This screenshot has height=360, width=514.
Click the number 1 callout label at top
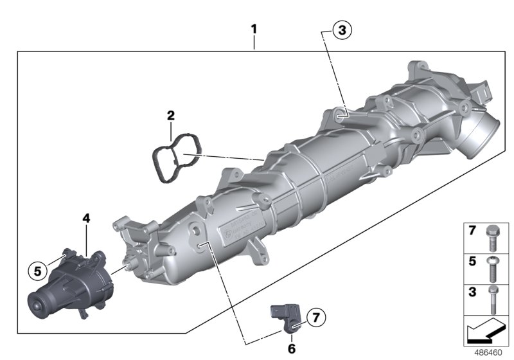click(x=254, y=30)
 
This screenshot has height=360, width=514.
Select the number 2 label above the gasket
click(x=171, y=116)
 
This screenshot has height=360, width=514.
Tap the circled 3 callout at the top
click(x=342, y=30)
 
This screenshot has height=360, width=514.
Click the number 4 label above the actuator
click(x=86, y=219)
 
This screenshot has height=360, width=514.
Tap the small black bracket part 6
click(x=284, y=316)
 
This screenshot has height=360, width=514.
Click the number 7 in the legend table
click(x=472, y=230)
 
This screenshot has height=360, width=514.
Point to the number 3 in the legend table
click(x=472, y=292)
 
